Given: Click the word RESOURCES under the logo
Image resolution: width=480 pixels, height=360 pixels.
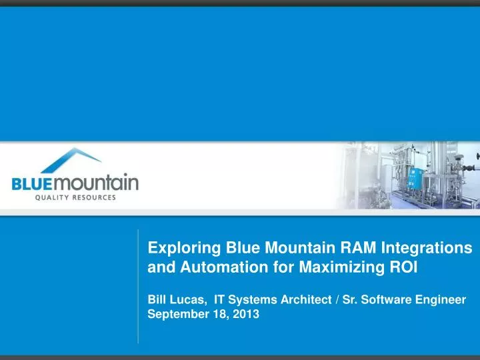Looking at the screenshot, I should pos(93,197).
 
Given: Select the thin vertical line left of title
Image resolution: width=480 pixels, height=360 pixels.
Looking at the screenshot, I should pos(138,287).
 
